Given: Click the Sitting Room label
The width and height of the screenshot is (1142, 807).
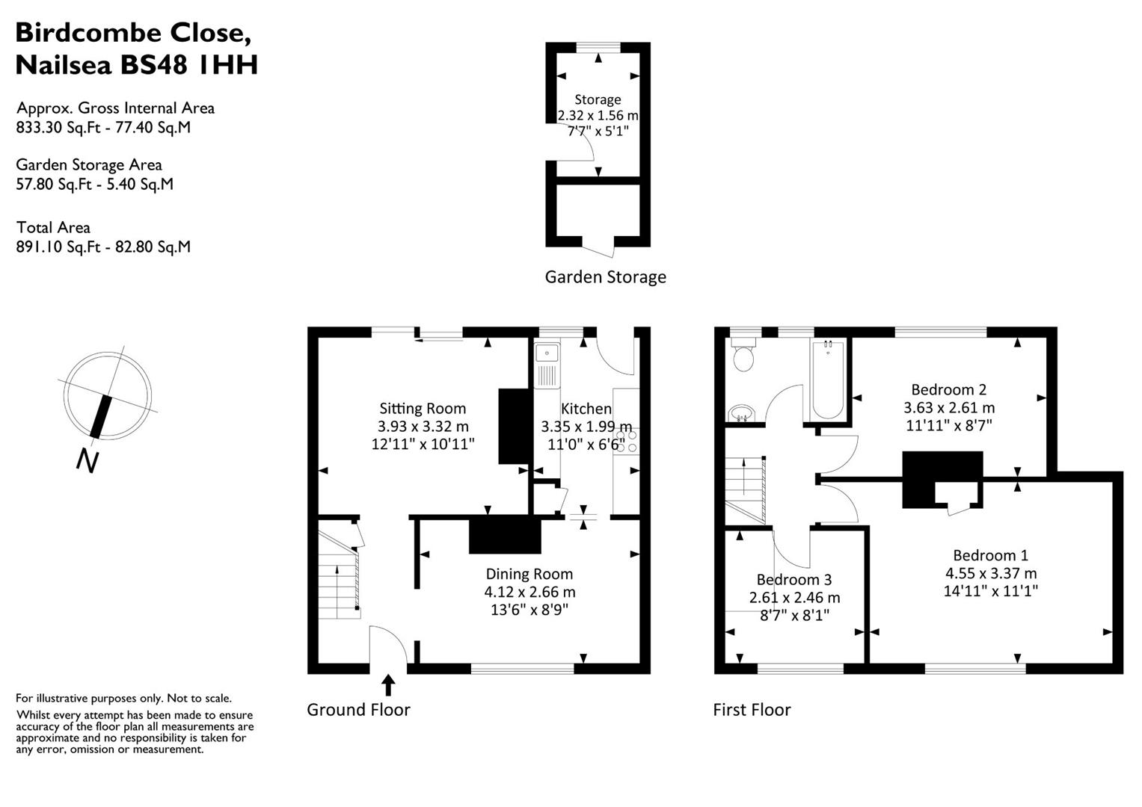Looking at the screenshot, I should [x=423, y=408].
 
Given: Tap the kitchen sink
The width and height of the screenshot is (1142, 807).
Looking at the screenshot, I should [x=547, y=365].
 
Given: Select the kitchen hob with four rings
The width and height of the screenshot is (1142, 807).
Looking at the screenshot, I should [x=626, y=441].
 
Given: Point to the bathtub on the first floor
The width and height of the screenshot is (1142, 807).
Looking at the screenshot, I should [x=828, y=380].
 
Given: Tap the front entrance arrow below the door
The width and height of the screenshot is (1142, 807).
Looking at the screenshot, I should [x=388, y=684].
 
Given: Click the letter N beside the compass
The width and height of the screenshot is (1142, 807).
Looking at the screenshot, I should [x=88, y=461].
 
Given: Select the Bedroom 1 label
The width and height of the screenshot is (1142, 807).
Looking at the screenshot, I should [x=990, y=555].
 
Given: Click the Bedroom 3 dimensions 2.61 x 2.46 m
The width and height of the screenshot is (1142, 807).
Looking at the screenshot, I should [x=794, y=598].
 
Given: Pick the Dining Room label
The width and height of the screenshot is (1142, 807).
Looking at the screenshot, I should [x=529, y=574].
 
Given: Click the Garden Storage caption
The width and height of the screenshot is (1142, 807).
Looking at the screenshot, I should [x=605, y=277].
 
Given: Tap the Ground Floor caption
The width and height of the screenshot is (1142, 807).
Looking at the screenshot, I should [x=358, y=710].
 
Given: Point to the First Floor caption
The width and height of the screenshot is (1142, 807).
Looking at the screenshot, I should [x=752, y=710].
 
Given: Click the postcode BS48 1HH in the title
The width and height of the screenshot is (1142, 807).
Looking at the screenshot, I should [x=190, y=65].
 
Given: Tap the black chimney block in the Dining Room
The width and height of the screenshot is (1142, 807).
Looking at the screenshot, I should [x=505, y=535].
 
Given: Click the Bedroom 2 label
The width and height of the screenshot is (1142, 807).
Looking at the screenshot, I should [x=948, y=389].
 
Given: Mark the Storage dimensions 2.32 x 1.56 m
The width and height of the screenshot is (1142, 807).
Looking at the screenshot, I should [x=598, y=116].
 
